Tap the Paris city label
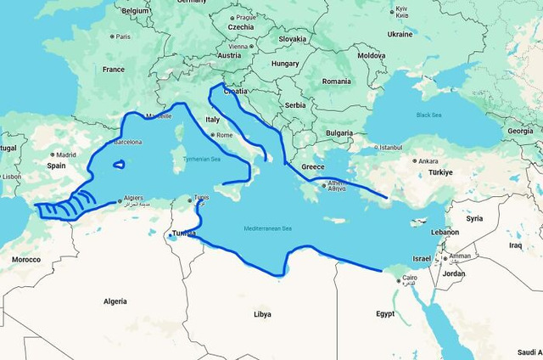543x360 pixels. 123,37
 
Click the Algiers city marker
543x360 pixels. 120,200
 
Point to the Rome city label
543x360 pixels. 225,135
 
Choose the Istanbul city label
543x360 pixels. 390,147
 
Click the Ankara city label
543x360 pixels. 428,160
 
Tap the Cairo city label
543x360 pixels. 409,278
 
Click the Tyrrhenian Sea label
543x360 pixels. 203,159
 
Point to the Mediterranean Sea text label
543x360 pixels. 268,228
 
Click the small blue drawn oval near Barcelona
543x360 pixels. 119,165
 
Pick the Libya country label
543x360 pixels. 263,313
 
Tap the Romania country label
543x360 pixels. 336,81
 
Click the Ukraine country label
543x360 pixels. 400,35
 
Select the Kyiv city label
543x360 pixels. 400,12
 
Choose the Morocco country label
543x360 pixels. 25,259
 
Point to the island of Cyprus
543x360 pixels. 419,222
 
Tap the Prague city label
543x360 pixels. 246,17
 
